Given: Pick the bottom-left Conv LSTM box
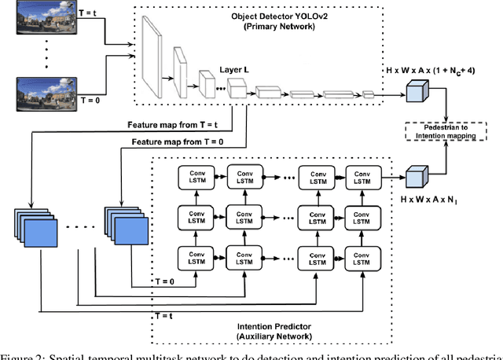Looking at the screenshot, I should [190, 256].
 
